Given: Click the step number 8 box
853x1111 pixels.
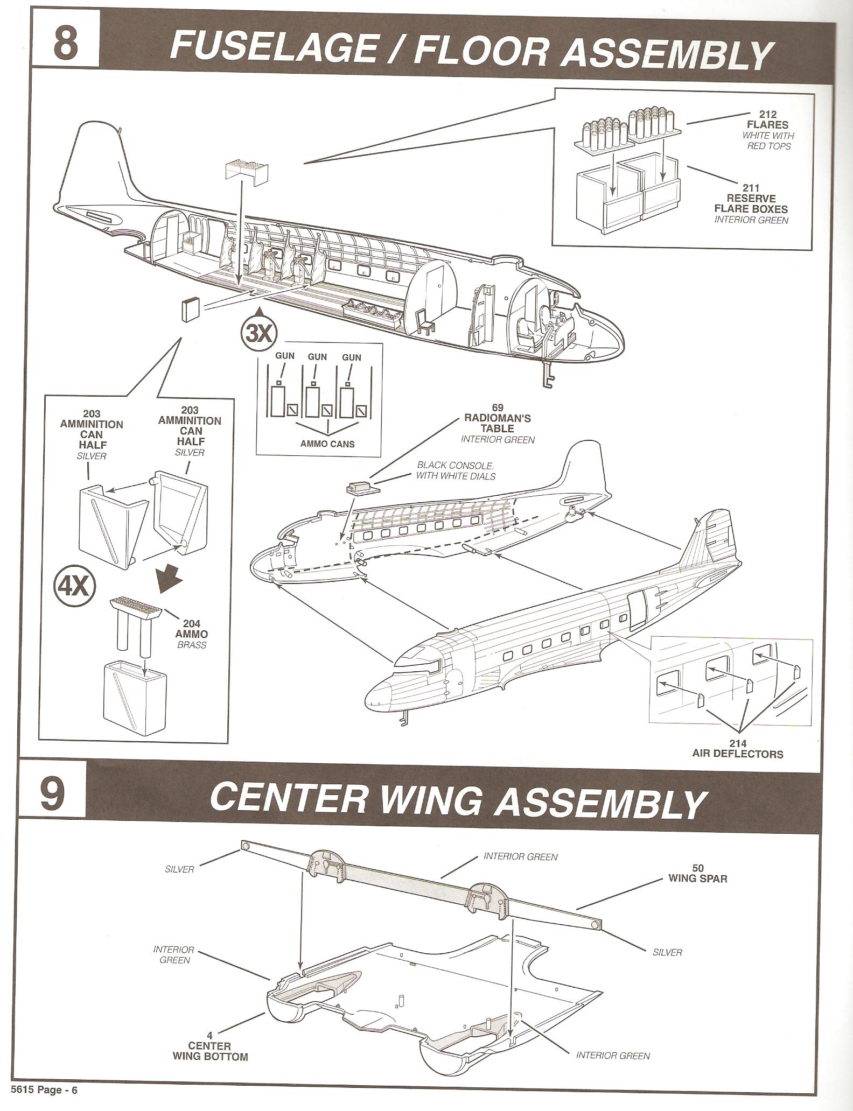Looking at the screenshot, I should [65, 45].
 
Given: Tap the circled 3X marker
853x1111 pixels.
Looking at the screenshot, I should [258, 335].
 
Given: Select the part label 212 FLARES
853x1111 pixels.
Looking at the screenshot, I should [767, 119].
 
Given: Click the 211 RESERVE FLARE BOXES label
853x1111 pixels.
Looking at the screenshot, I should [751, 199].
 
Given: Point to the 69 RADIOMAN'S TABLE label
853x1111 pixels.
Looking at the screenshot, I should [498, 418].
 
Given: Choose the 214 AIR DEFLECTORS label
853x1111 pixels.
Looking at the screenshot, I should [737, 749].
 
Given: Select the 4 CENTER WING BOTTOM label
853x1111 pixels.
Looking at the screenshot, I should [210, 1046].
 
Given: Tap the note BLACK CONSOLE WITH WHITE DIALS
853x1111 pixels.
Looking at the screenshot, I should [456, 470].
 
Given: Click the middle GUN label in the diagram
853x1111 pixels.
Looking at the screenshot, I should [317, 357].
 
